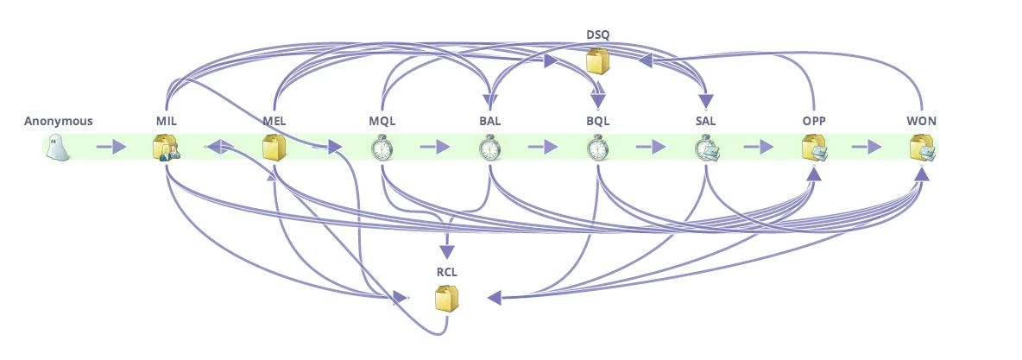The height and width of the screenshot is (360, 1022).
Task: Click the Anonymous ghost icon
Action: [x=58, y=148]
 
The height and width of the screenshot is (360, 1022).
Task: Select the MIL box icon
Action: [x=166, y=148]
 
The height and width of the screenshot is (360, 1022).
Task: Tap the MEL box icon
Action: [x=274, y=148]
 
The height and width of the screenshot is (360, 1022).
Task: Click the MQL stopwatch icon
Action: [x=382, y=148]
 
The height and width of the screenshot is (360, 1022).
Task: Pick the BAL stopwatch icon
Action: [x=490, y=148]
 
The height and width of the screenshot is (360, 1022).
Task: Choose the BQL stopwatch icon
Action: [x=598, y=148]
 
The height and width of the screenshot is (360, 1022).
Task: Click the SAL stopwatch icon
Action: [x=706, y=148]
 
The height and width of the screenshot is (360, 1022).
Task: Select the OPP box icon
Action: [x=814, y=148]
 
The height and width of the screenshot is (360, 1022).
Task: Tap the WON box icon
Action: [x=922, y=148]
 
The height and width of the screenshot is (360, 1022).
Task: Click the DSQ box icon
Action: [x=597, y=61]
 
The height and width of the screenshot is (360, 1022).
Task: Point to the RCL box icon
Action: [x=446, y=299]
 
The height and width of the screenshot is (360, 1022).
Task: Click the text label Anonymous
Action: [x=58, y=121]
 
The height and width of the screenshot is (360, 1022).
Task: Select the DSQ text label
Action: [x=597, y=35]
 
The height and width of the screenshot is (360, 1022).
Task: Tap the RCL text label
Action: [x=446, y=272]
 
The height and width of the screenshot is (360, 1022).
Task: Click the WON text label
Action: [x=922, y=121]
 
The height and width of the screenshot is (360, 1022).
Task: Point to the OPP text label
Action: [x=814, y=121]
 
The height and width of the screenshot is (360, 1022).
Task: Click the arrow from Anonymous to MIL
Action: [x=110, y=148]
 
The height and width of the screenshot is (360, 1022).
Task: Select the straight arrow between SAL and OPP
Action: [x=758, y=148]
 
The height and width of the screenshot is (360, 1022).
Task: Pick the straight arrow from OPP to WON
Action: [x=866, y=148]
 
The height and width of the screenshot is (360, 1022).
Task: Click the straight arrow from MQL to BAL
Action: [x=434, y=148]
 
